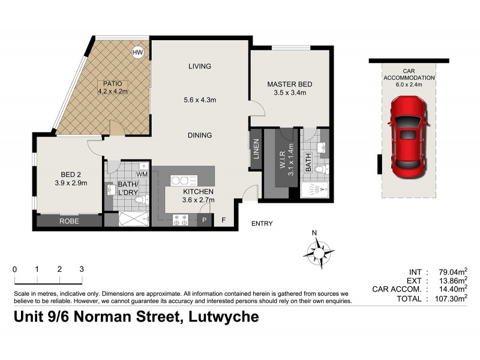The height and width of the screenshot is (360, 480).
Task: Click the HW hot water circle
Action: (138, 53)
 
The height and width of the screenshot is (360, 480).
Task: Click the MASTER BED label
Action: (290, 85)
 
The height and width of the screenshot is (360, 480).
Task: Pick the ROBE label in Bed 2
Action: (69, 221)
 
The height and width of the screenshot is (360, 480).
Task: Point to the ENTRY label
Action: (262, 224)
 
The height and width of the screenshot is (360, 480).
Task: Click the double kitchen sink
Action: (180, 181)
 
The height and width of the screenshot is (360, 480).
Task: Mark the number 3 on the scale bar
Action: (82, 269)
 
